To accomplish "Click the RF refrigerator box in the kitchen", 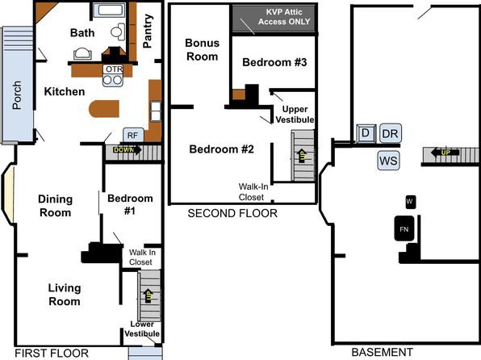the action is pos(133,135).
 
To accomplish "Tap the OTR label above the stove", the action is pos(114,69).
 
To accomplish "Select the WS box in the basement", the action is pos(389,161).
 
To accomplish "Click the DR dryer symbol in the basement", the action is pos(391,133).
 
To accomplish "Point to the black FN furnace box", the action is pos(404,228).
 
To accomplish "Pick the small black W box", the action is pos(411,202).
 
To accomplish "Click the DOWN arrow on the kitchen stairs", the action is pos(128,150).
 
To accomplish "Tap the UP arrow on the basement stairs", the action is pos(445,152).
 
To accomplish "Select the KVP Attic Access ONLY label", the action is pos(284,17).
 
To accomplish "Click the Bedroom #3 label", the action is pos(274,62).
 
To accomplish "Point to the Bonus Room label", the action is pos(202,50).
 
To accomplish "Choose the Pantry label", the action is pos(148,31).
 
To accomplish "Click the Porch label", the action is pos(17,94).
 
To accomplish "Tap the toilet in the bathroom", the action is pos(118,31).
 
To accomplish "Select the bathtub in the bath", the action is pos(109,10).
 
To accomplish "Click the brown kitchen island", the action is pos(104,109).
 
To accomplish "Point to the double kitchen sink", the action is pos(156,111).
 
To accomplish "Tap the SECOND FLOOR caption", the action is pos(232,213).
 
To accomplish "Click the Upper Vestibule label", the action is pos(295,114).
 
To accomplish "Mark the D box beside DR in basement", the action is pos(366,133).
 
